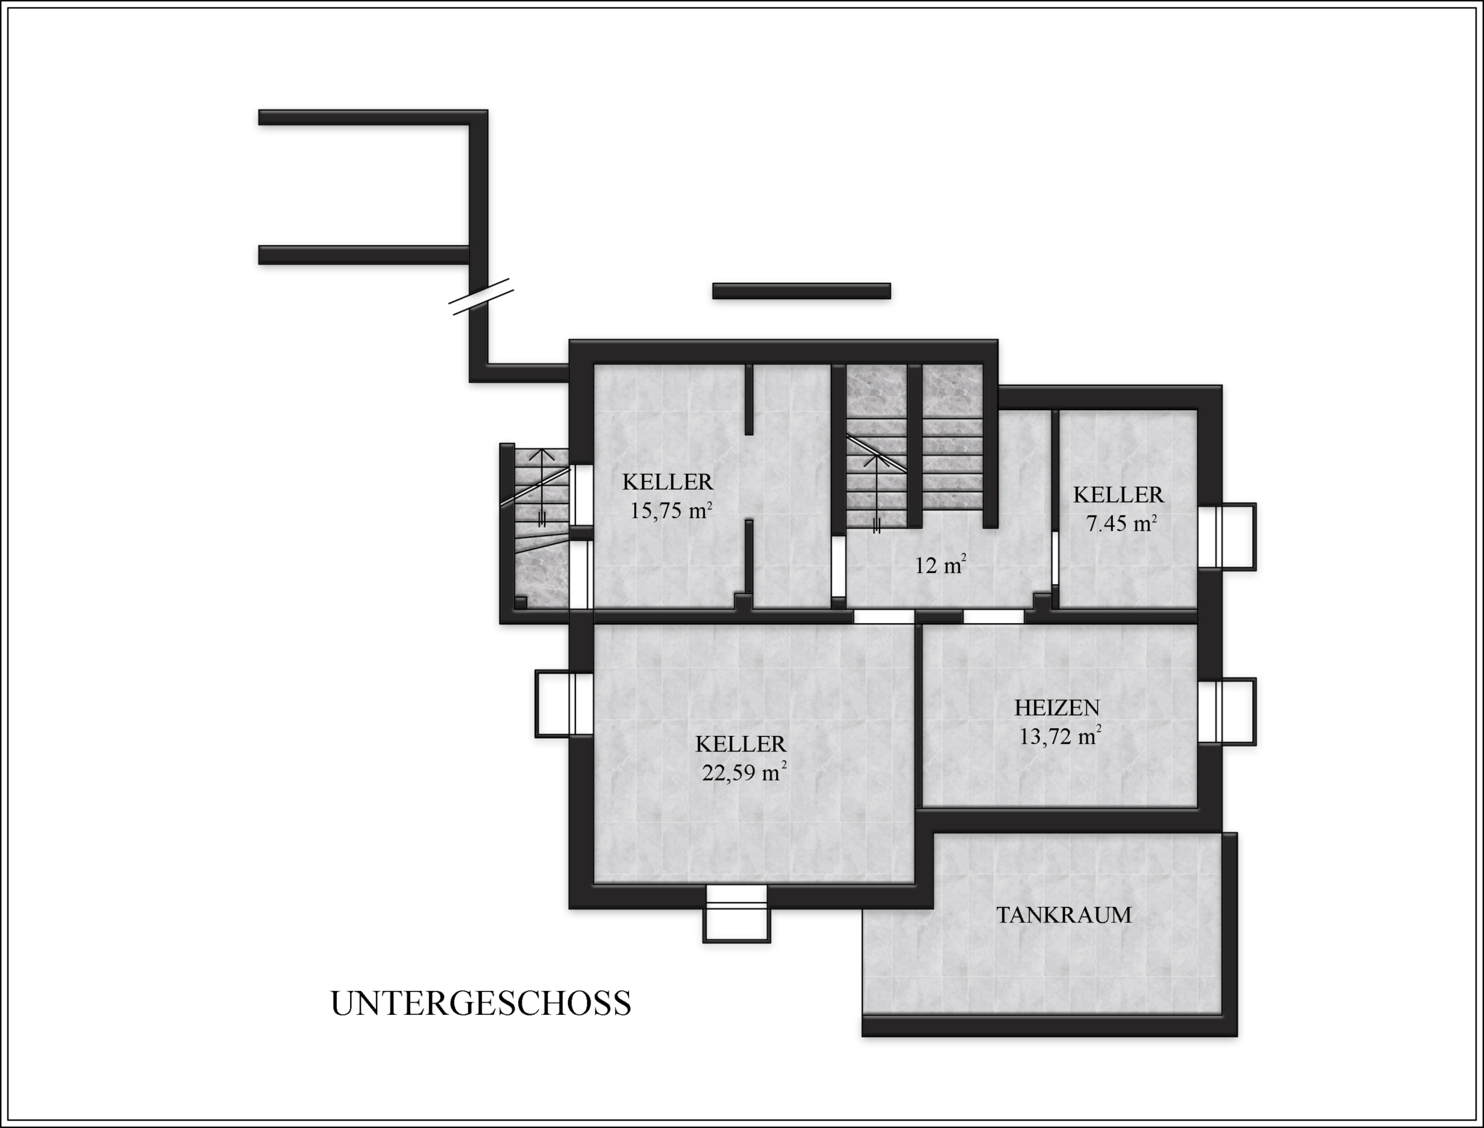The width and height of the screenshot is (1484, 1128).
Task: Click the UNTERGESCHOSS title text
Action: tap(480, 1003)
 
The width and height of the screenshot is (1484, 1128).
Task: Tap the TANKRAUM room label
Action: tap(1063, 915)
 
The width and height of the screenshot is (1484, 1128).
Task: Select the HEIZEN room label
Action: tap(1057, 707)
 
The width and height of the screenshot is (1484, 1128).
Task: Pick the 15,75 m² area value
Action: tap(670, 510)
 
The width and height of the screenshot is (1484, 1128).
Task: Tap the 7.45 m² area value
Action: tap(1120, 522)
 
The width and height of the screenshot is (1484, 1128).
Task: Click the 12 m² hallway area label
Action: tap(941, 565)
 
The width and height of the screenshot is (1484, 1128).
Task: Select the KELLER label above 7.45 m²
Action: tap(1118, 495)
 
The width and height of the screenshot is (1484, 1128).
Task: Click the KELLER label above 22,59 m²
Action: tap(741, 744)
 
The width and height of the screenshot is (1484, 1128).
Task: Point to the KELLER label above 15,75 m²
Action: tap(668, 482)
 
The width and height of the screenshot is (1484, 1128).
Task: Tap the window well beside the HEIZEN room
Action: tap(1227, 711)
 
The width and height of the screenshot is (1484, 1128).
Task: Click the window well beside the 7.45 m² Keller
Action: tap(1227, 536)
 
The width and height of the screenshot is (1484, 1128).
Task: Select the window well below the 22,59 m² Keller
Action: tap(736, 913)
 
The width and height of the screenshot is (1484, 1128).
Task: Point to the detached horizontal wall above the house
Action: tap(801, 291)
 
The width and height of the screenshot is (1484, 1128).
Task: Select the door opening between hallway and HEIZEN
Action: tap(993, 617)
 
